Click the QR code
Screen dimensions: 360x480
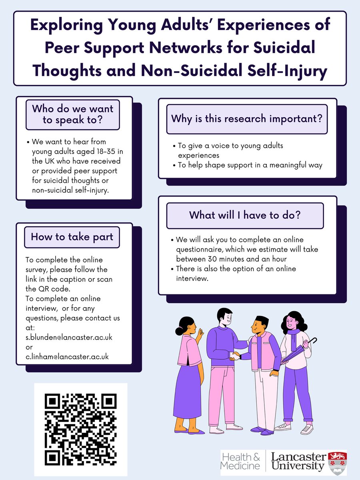click(80, 429)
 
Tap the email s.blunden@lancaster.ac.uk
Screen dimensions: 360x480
click(68, 338)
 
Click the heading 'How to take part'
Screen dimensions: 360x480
click(72, 237)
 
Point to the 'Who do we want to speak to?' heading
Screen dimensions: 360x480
click(72, 114)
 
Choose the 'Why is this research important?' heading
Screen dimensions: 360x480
click(247, 119)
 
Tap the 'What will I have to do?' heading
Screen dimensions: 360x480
click(245, 215)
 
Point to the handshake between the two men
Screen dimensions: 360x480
click(235, 355)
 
